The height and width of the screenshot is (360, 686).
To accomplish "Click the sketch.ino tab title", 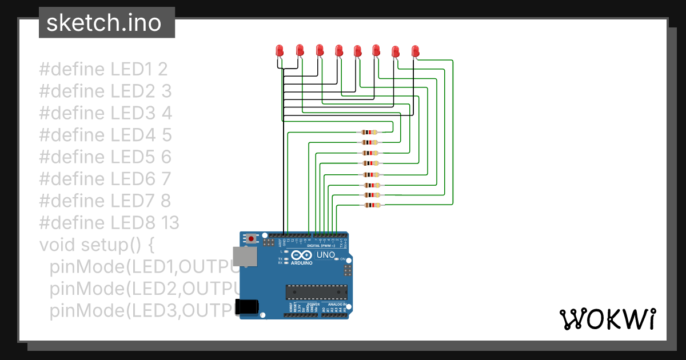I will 103,23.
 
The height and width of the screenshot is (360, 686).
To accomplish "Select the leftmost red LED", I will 280,50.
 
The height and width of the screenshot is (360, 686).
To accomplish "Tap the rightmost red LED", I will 415,51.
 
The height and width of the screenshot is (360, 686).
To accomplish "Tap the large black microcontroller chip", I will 316,291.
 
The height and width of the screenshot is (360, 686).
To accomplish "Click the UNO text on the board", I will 325,255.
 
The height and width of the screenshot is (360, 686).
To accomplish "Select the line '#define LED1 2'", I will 103,69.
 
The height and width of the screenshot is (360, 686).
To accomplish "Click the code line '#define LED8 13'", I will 109,222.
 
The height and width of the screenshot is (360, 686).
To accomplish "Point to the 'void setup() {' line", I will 97,245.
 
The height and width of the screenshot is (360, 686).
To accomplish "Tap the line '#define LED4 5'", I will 105,135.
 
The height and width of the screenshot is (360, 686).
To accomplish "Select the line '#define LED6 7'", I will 105,179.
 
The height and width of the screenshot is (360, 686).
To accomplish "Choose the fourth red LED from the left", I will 338,50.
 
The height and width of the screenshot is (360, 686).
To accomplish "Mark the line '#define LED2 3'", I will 105,91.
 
